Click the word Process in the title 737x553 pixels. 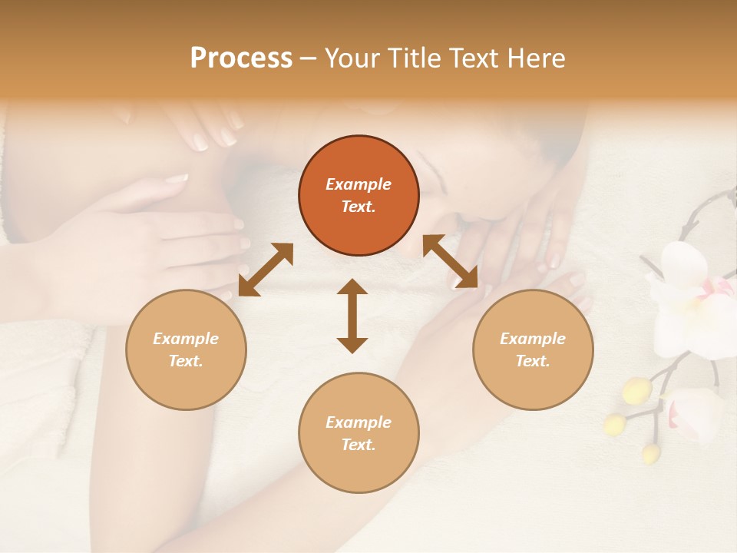pos(241,58)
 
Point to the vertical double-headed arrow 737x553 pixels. pos(352,316)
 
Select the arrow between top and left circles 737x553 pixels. pos(266,270)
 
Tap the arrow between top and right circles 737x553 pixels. pos(451,262)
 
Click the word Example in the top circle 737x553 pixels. pos(359,184)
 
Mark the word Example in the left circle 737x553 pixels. pos(186,339)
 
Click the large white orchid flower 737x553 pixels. pos(687,300)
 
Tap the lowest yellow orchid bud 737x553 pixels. pos(650,453)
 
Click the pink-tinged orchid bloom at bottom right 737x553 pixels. pos(695,415)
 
